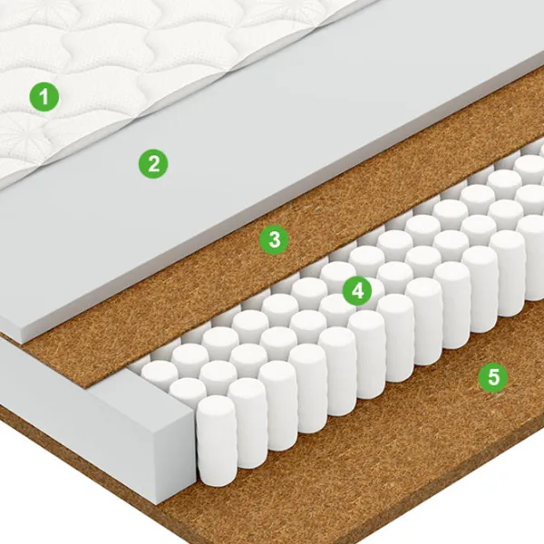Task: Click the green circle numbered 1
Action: [44, 96]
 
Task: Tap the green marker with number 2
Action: [153, 164]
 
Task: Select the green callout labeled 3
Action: [274, 239]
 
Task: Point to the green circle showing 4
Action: [357, 291]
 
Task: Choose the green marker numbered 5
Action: [493, 376]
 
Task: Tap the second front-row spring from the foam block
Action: [248, 423]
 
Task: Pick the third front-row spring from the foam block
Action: [277, 406]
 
